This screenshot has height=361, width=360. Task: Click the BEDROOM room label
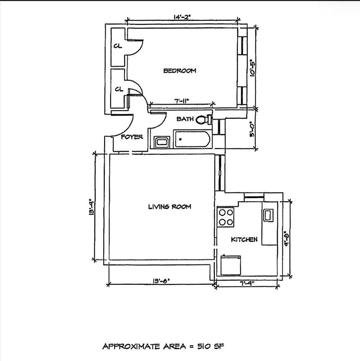pos(180,70)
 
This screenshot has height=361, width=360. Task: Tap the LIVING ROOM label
pos(170,207)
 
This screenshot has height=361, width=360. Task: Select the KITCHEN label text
pos(244,239)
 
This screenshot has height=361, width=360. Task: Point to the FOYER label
pos(132,137)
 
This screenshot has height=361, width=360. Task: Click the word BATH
pos(185,119)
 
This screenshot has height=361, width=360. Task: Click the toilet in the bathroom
pos(205,120)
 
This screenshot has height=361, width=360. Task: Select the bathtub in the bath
pos(192,139)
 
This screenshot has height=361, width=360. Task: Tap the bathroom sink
pos(162,142)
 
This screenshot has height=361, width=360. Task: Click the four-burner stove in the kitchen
pos(226,217)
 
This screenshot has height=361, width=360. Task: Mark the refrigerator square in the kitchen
pos(230,265)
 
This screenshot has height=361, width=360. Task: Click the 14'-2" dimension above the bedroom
pos(182,18)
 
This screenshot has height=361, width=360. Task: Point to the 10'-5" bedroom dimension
pos(253,67)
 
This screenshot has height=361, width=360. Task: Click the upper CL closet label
pos(117,46)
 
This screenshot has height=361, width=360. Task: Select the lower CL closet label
pos(119,89)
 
